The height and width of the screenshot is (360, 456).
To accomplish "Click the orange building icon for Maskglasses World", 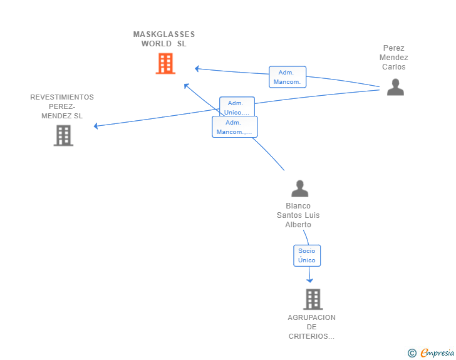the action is click(x=165, y=63).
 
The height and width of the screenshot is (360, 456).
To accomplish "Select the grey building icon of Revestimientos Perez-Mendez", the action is click(x=63, y=135).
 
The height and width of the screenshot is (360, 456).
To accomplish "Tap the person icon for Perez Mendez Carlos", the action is click(x=395, y=87).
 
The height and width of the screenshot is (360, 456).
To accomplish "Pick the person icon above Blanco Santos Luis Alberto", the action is click(x=300, y=188).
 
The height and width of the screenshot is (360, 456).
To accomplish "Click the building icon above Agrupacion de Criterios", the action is click(x=313, y=299).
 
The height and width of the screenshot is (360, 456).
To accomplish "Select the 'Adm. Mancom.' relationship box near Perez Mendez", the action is click(x=288, y=77).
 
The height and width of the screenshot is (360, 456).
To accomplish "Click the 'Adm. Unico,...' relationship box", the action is click(x=237, y=106).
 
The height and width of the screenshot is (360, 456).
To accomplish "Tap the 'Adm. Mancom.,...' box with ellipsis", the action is click(x=235, y=127).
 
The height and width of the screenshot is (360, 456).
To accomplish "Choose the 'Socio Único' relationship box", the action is click(x=307, y=255).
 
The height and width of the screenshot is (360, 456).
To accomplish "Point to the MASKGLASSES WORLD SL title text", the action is click(x=164, y=39).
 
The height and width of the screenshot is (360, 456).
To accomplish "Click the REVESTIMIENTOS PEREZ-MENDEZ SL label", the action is click(x=62, y=106).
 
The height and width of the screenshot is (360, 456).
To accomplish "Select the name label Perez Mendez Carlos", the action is click(x=394, y=57).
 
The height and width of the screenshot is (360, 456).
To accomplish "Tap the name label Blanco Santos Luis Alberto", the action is click(x=298, y=215).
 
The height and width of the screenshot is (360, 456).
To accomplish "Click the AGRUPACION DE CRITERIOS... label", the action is click(x=311, y=327).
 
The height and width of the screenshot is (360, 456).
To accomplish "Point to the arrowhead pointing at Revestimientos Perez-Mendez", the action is click(x=96, y=126).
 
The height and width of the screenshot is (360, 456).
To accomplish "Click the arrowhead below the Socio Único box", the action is click(x=309, y=280).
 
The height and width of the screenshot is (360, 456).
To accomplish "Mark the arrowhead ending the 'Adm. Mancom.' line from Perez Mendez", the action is click(x=197, y=69).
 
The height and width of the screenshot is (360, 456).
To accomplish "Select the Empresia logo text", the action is click(x=437, y=353).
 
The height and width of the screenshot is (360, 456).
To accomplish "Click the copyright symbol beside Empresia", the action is click(x=412, y=353).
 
